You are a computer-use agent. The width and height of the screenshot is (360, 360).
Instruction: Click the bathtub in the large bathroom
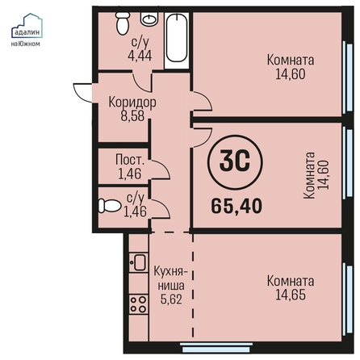coord(177,38)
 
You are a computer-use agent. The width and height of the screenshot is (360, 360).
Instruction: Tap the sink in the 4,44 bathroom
coord(149,19)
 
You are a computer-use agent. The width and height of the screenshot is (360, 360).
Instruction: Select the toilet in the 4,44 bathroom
coord(123,23)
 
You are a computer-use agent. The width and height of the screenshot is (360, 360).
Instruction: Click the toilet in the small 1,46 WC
coord(109,206)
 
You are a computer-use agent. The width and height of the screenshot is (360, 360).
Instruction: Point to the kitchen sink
coord(138,262)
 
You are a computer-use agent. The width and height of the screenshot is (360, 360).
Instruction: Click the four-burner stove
coord(138,304)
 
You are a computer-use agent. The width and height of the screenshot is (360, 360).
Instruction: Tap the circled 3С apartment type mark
coord(235,162)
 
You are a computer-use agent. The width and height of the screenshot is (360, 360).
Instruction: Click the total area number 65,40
coord(237,206)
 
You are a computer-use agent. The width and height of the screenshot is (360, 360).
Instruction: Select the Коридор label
coord(132,103)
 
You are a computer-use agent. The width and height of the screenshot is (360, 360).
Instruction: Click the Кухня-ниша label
coord(170,278)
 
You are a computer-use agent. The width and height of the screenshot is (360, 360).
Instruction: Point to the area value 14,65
coord(291,295)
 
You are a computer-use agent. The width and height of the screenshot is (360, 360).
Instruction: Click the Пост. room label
coord(130,160)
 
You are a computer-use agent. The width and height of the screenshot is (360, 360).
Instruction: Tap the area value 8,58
coord(132,116)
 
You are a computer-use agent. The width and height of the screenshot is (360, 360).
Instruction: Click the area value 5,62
coord(171,299)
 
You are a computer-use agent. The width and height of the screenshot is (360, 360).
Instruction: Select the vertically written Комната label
coord(309,175)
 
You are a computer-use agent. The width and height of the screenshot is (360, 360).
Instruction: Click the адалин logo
coord(27,29)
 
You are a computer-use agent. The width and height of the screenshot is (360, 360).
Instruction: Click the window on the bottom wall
coord(217,347)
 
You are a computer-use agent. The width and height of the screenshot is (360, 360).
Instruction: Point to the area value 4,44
coord(140,56)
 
